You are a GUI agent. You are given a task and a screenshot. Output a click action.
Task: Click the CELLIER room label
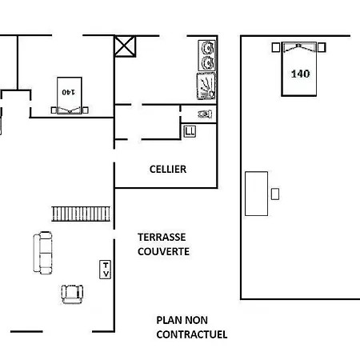click(168, 170)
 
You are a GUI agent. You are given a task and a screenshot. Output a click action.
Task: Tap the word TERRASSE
click(162, 237)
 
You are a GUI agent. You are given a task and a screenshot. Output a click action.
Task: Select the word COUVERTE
click(163, 251)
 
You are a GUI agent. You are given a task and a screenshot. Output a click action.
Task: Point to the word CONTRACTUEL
click(192, 334)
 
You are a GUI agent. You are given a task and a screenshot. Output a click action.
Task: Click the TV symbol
click(105, 270)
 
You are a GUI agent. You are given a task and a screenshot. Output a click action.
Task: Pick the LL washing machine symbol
click(190, 131)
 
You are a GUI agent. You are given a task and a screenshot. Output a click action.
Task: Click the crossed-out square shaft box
click(125, 46)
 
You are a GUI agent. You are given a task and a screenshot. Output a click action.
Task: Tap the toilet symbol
click(205, 114)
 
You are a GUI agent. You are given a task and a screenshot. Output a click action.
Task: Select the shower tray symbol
click(206, 86)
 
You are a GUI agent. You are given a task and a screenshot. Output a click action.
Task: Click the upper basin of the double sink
click(207, 48)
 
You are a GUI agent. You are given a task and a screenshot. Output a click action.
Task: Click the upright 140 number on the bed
click(300, 74)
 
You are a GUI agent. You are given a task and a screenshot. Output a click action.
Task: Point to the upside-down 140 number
click(68, 92)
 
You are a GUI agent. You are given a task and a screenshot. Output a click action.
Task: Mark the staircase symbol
click(81, 214)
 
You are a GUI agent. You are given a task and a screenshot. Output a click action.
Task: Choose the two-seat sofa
click(42, 253)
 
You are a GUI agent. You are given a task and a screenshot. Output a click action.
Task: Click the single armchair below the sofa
click(72, 294)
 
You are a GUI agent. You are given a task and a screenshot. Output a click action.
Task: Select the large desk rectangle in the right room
click(256, 194)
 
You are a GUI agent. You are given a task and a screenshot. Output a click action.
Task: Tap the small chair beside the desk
click(275, 194)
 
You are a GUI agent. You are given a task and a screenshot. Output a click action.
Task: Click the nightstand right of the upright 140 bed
click(322, 47)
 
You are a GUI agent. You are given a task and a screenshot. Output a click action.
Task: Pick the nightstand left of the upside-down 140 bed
click(54, 110)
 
